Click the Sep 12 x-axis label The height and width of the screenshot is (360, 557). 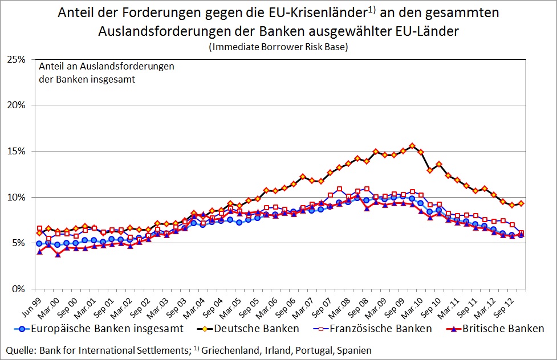[508, 302]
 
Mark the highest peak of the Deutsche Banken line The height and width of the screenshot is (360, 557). [412, 146]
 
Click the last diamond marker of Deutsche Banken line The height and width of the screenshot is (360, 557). [521, 203]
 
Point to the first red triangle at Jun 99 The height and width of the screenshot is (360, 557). [39, 251]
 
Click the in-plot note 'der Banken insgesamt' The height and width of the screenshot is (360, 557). [87, 79]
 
